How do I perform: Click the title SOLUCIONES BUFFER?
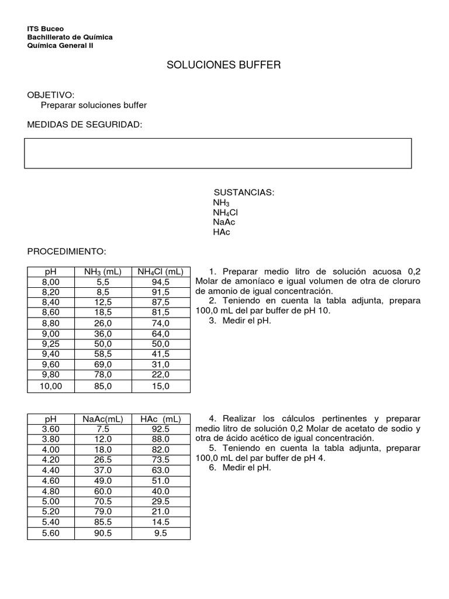click(x=224, y=65)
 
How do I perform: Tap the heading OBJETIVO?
click(x=51, y=95)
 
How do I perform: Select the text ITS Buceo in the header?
click(x=46, y=29)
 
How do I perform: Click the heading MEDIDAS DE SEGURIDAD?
click(x=85, y=125)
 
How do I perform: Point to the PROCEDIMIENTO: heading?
click(x=67, y=251)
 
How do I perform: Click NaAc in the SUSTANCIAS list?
click(x=224, y=222)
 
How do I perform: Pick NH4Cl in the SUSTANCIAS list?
click(x=225, y=212)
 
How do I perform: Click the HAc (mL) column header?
click(x=160, y=419)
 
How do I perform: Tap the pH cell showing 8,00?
click(x=51, y=281)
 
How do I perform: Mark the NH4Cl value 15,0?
click(x=160, y=386)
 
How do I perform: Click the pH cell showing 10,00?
click(x=51, y=386)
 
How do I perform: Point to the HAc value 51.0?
click(x=160, y=480)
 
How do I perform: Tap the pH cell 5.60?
click(x=51, y=533)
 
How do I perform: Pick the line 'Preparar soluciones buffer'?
click(x=94, y=105)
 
